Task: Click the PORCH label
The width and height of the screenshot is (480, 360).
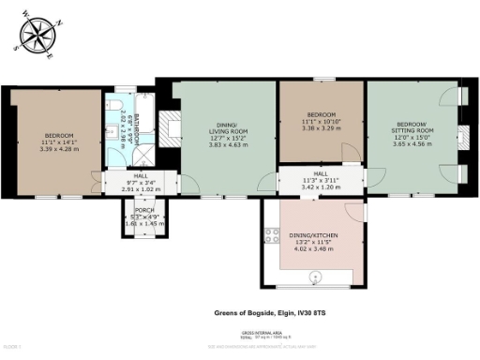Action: point(144,210)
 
